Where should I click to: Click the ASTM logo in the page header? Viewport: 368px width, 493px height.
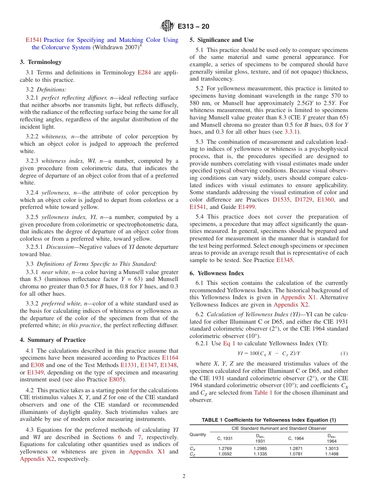[167, 26]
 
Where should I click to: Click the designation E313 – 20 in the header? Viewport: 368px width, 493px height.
[193, 26]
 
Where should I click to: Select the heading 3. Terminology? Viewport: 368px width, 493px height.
[41, 62]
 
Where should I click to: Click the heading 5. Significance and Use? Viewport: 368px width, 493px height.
[222, 40]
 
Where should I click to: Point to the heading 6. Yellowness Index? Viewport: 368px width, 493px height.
[217, 273]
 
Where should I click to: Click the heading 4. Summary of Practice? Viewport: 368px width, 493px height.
[53, 340]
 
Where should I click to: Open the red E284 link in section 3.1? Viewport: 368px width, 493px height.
[144, 72]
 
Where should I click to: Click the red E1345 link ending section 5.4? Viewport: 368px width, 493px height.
[285, 260]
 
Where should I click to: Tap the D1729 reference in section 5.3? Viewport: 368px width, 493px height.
[303, 200]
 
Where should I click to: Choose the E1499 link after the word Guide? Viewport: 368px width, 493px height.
[246, 207]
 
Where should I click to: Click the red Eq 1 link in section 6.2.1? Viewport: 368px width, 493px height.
[229, 344]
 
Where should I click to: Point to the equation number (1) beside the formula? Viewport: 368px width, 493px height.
[344, 353]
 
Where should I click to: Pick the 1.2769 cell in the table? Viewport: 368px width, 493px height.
[225, 448]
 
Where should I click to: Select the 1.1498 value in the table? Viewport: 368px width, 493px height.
[331, 454]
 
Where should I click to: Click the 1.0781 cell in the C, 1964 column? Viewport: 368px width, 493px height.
[296, 454]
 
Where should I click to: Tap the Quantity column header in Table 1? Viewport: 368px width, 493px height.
[198, 434]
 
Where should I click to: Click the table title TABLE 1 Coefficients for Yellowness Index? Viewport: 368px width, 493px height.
[268, 420]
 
